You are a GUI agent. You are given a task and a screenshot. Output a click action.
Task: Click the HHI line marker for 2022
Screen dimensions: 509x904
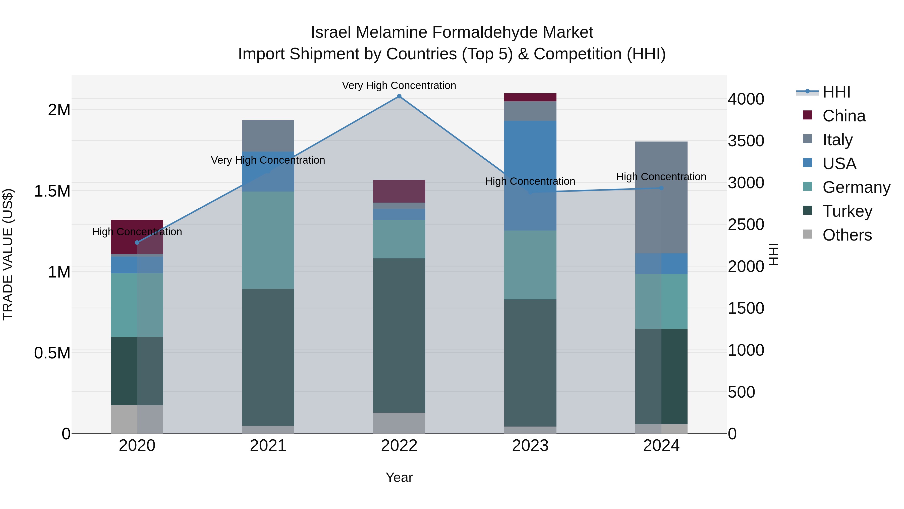pos(399,96)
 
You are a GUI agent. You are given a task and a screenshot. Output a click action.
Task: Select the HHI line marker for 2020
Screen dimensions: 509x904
pos(137,242)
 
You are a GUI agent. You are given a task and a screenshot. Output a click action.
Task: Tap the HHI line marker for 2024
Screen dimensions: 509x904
pos(661,188)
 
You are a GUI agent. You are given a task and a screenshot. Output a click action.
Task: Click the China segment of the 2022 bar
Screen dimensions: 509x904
pos(399,191)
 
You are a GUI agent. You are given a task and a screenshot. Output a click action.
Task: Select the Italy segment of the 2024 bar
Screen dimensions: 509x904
pos(661,197)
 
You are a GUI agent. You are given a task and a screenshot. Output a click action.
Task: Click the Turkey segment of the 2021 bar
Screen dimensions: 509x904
pos(268,357)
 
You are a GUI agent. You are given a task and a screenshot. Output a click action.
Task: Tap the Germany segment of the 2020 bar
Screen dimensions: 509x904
pos(137,305)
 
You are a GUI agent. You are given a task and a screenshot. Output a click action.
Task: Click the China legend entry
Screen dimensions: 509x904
pos(844,116)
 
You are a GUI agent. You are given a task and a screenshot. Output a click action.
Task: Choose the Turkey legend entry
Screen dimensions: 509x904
pos(847,211)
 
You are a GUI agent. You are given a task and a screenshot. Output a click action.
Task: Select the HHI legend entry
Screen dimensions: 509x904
pos(836,92)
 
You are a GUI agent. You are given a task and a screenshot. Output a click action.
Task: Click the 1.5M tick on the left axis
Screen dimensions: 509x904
pos(52,192)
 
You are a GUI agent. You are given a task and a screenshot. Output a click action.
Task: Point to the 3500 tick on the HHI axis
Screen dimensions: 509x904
pos(746,141)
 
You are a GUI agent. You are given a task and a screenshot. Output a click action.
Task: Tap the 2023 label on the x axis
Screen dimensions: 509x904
pos(530,446)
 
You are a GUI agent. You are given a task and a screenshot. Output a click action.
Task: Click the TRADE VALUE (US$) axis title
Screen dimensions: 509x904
pos(8,254)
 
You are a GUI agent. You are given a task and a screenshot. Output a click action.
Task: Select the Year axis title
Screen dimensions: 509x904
pos(399,477)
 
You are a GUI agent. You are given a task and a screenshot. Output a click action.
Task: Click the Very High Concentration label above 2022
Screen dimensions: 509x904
pos(399,85)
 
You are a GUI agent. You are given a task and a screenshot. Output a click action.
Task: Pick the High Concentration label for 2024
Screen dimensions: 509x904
pos(661,177)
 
